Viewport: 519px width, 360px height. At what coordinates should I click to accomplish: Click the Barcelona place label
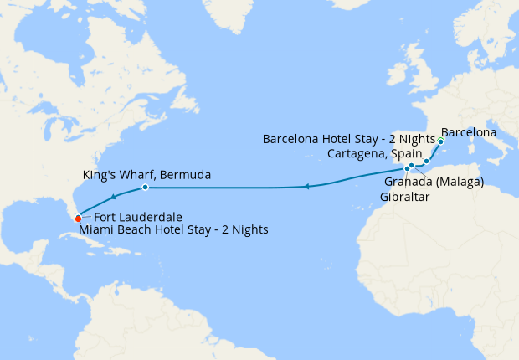(469, 132)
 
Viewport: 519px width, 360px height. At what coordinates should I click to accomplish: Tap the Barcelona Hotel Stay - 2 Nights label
(348, 138)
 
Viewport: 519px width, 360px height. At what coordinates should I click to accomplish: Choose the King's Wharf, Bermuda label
(146, 175)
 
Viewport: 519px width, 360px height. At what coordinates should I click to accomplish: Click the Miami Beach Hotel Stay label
(173, 229)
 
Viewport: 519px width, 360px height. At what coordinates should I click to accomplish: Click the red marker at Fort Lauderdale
(78, 219)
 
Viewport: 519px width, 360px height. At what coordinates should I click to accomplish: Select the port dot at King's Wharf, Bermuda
(146, 187)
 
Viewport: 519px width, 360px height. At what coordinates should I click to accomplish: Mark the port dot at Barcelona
(440, 141)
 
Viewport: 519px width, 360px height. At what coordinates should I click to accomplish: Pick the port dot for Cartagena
(426, 161)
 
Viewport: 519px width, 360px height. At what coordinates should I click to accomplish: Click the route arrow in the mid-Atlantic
(307, 186)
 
